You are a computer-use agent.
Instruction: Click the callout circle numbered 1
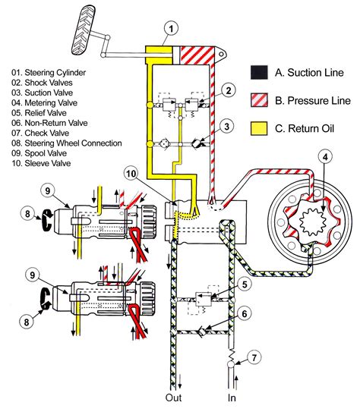172,30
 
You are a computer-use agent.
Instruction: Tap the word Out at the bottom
172,397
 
